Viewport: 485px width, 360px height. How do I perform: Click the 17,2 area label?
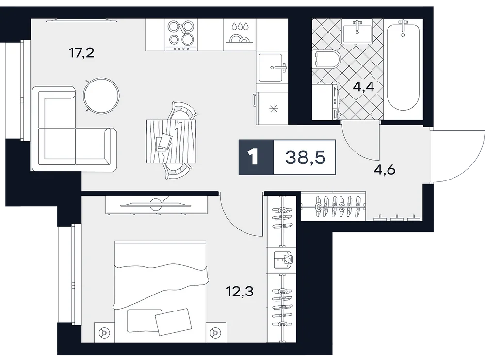(81, 53)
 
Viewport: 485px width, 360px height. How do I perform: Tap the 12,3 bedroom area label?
(241, 291)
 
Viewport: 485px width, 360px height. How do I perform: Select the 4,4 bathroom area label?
(364, 87)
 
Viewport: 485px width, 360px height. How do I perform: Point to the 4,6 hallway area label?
(385, 170)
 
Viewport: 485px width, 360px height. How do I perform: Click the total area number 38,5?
(305, 157)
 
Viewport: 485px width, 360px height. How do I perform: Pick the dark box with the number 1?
(256, 157)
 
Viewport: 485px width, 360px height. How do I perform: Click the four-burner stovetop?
(181, 35)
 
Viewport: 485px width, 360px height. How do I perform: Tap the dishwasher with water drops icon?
(240, 35)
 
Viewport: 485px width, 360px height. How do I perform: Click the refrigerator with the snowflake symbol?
(271, 108)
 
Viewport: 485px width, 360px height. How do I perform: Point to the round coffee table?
(101, 96)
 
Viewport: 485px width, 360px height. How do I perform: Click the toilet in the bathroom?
(326, 59)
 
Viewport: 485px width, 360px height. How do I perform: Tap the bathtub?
(403, 65)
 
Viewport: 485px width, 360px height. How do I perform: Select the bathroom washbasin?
(357, 32)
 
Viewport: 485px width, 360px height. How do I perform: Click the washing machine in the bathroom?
(326, 102)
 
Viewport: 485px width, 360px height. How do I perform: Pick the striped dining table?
(171, 141)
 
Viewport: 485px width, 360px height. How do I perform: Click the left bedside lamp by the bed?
(104, 333)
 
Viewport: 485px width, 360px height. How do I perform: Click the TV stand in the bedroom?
(156, 205)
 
